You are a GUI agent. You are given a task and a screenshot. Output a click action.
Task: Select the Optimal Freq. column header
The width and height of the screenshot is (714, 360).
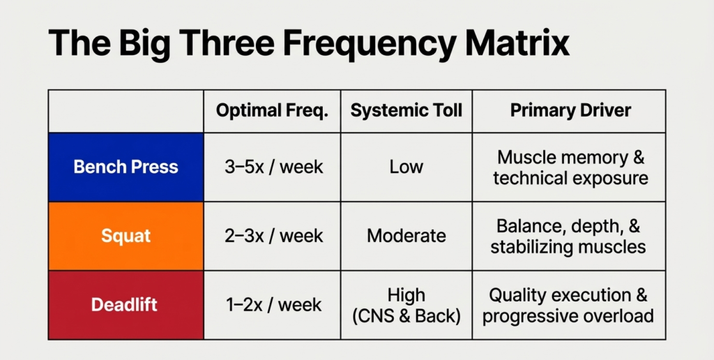coord(272,111)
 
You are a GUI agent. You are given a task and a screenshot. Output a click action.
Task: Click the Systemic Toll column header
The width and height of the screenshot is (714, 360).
coord(406,111)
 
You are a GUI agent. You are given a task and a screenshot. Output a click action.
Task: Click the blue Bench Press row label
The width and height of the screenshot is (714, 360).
coord(126,167)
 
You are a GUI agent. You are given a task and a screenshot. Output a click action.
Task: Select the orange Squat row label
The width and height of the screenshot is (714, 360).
coord(126,236)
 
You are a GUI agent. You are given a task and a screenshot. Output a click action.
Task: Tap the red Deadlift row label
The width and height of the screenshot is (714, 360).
coord(126,305)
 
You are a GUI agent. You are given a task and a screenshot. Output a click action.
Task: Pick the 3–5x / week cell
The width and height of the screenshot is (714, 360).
coord(272,167)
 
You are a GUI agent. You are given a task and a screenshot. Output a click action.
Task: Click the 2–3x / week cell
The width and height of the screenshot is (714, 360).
coord(272,236)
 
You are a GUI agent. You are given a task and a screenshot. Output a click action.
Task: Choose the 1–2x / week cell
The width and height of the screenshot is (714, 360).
coord(272,305)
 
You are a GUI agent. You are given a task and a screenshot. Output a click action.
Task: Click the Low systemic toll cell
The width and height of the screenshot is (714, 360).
coord(406,167)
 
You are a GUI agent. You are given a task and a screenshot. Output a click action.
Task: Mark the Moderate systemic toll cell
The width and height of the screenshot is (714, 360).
coord(406,236)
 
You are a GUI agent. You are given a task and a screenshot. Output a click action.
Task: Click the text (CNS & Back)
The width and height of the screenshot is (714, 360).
coord(406,316)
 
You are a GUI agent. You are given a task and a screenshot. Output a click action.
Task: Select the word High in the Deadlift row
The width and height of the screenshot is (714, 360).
coord(406,294)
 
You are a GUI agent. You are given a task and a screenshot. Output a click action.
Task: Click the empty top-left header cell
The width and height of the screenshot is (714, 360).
coord(126,111)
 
